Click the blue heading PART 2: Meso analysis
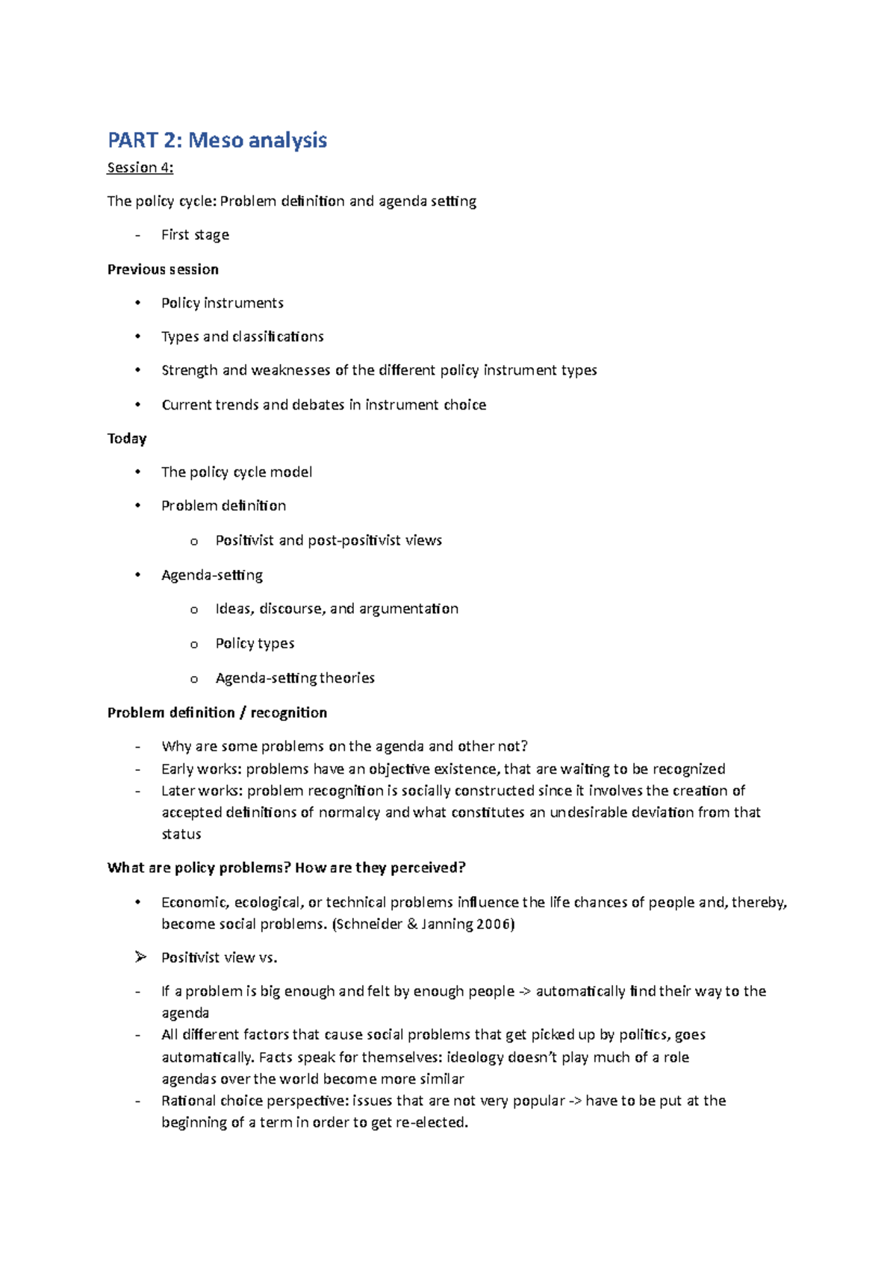[217, 140]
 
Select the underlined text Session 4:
[140, 168]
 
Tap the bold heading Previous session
[163, 269]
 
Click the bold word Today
[127, 439]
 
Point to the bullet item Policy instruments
[222, 303]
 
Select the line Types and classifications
[242, 337]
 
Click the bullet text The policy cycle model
[236, 472]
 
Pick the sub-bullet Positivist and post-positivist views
[329, 540]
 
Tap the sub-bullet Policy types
[255, 643]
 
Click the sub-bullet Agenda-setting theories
[295, 678]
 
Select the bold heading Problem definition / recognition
[217, 713]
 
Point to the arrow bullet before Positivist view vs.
[140, 957]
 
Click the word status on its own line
[181, 834]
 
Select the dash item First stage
[195, 235]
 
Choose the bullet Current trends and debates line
[323, 405]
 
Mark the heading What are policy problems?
[199, 868]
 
